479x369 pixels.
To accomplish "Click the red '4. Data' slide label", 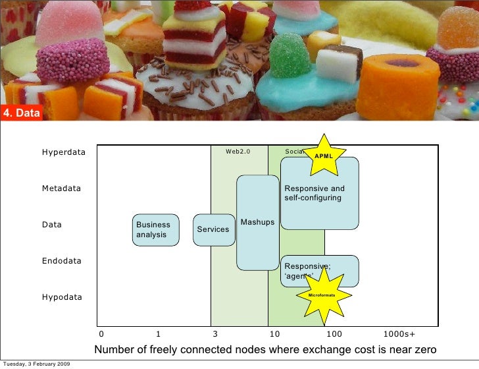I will click(x=22, y=113).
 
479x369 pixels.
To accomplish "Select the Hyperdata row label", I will click(x=64, y=152).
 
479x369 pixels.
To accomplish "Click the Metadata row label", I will click(x=61, y=188).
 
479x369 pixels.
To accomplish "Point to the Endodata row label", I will click(x=62, y=261).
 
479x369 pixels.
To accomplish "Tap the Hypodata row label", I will click(x=62, y=297).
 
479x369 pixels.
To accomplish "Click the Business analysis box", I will click(x=156, y=229).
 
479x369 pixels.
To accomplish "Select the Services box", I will click(x=214, y=229).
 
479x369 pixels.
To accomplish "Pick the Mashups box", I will click(x=257, y=222).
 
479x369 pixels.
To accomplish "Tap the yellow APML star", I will click(x=324, y=156).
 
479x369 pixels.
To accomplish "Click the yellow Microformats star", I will click(x=322, y=295).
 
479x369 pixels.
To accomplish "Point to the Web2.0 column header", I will click(x=238, y=152).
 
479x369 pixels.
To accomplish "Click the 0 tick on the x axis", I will click(x=101, y=334).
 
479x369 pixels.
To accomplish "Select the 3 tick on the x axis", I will click(x=215, y=334).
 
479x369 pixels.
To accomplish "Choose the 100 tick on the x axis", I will click(x=334, y=334).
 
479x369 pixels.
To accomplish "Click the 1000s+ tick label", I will click(x=399, y=334).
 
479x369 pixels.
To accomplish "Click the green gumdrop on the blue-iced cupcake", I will click(x=290, y=56).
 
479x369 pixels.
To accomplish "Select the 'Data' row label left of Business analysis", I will click(x=52, y=225).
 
